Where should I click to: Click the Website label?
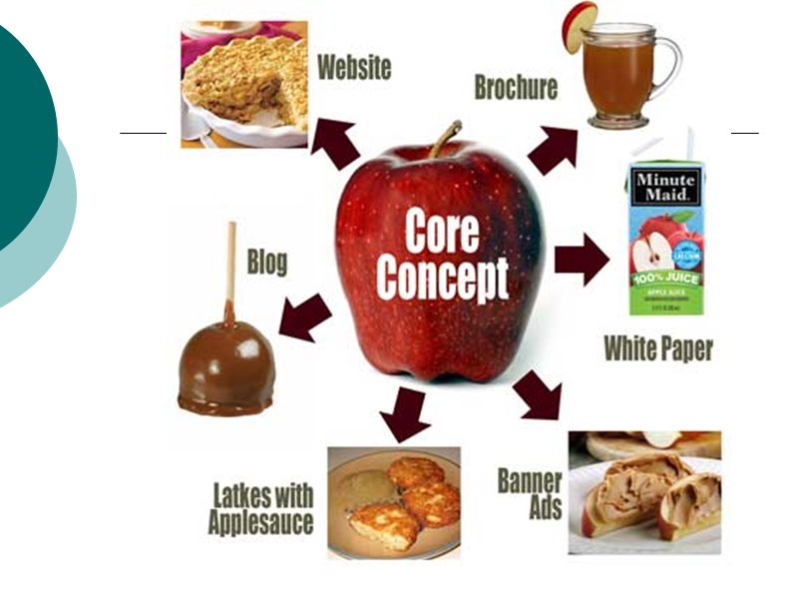click(x=353, y=68)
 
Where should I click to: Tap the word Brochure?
click(x=515, y=88)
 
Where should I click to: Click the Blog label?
click(x=266, y=263)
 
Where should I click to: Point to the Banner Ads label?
click(x=530, y=492)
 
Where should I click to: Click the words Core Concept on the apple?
click(x=441, y=257)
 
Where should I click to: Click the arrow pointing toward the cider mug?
click(x=553, y=150)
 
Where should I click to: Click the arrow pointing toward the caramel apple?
click(x=304, y=317)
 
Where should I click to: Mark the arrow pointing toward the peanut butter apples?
click(x=539, y=394)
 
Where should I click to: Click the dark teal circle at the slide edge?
click(x=20, y=140)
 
